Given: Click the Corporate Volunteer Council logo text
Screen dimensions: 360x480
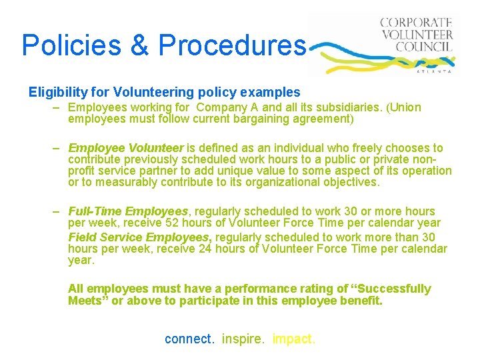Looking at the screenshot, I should [417, 34].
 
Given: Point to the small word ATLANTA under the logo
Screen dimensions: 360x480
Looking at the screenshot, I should [433, 70].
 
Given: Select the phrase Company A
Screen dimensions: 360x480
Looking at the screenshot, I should [249, 107].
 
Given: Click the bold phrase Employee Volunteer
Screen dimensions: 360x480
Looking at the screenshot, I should [125, 148].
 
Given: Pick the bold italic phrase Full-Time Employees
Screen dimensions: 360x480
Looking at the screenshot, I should [128, 211].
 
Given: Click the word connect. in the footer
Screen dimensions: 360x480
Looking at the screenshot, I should [190, 339].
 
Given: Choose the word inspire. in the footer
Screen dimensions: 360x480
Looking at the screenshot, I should [244, 339].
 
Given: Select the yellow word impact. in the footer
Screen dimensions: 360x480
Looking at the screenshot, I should [294, 339].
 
